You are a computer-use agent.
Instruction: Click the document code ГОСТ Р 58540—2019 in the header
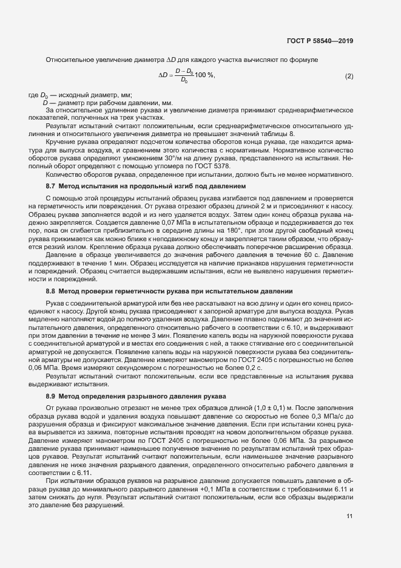(x=320, y=41)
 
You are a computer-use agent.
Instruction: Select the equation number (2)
(x=349, y=75)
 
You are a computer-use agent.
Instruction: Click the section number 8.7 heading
(x=52, y=185)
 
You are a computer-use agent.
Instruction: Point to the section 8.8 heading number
(x=52, y=291)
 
